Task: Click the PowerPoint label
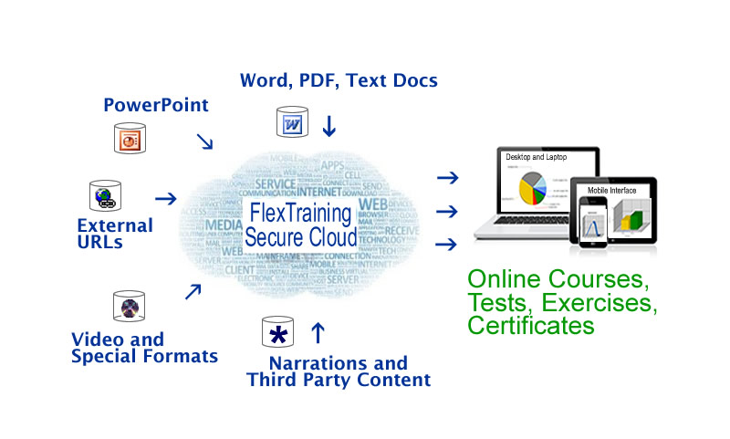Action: pyautogui.click(x=155, y=104)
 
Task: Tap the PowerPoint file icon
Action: pyautogui.click(x=130, y=137)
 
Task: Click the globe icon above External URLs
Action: pyautogui.click(x=105, y=196)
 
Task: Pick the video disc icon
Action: pyautogui.click(x=129, y=307)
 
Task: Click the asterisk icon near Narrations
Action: pyautogui.click(x=277, y=334)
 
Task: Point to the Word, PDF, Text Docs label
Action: pyautogui.click(x=339, y=80)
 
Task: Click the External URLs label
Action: pyautogui.click(x=115, y=234)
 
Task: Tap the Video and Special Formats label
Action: pyautogui.click(x=144, y=348)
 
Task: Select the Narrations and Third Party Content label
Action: pyautogui.click(x=339, y=371)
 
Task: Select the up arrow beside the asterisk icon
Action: pyautogui.click(x=318, y=330)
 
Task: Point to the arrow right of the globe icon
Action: pyautogui.click(x=165, y=198)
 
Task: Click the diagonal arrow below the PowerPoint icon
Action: pyautogui.click(x=205, y=141)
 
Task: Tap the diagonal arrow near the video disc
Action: pyautogui.click(x=193, y=291)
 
